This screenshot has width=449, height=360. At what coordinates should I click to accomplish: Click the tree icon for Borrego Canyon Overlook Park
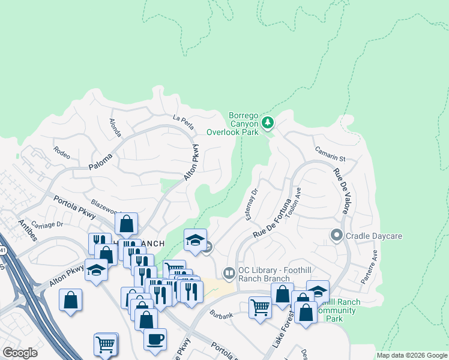(268, 124)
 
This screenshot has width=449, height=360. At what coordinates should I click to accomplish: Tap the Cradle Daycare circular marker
(337, 236)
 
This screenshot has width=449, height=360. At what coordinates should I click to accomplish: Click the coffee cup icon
(155, 338)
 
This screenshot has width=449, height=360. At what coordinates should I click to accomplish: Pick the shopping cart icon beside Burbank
(260, 307)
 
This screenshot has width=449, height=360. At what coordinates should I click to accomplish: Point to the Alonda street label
(115, 126)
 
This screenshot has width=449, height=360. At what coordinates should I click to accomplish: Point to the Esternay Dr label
(252, 205)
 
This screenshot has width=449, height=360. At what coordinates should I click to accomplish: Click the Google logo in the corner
(20, 352)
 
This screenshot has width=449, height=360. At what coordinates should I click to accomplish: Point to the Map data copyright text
(412, 355)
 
